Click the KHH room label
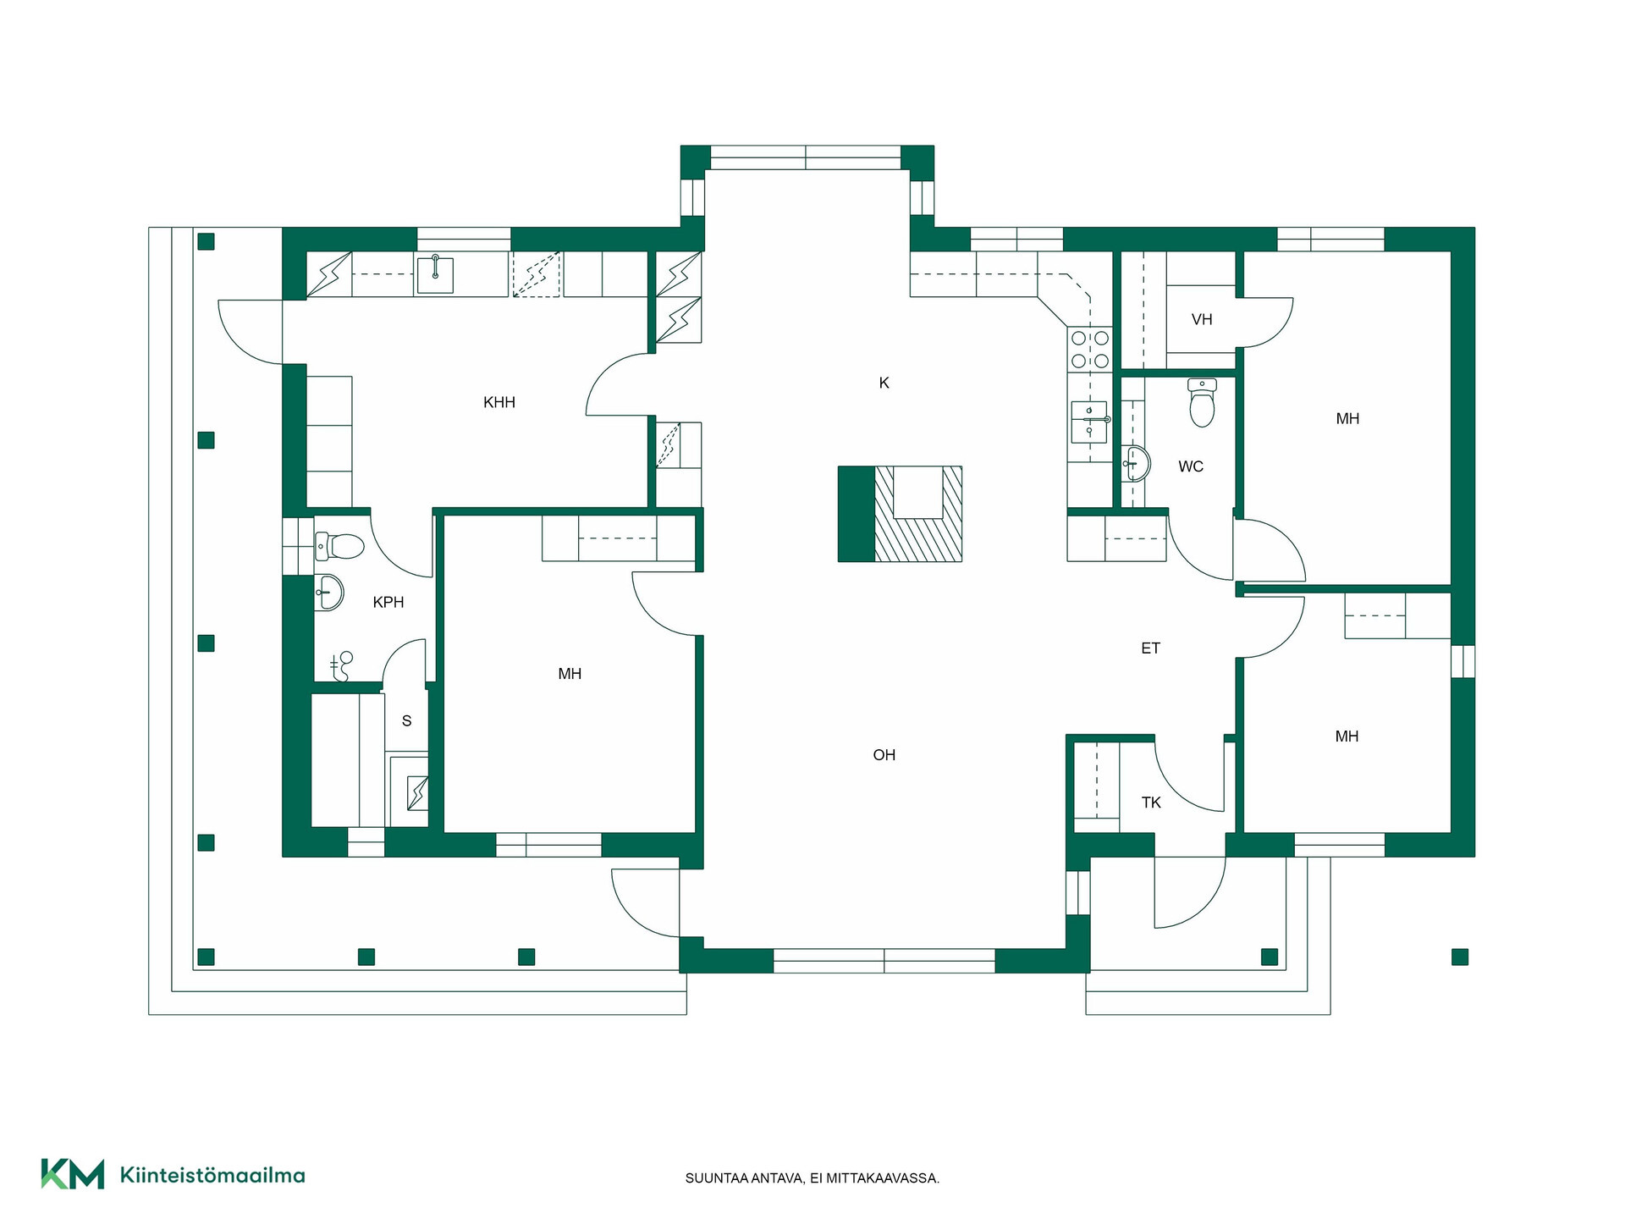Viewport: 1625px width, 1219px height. pyautogui.click(x=499, y=402)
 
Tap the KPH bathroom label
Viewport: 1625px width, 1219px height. pyautogui.click(x=388, y=602)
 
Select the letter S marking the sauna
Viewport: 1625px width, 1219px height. pyautogui.click(x=407, y=721)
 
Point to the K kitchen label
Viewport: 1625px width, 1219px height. pyautogui.click(x=884, y=383)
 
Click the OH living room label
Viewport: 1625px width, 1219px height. pyautogui.click(x=884, y=754)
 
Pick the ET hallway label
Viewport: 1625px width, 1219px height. pyautogui.click(x=1150, y=648)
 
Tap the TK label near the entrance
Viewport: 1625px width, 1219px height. pyautogui.click(x=1151, y=802)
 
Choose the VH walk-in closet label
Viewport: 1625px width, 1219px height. pyautogui.click(x=1202, y=319)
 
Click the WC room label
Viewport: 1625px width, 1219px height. pyautogui.click(x=1191, y=466)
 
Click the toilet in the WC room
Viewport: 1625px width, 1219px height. pyautogui.click(x=1202, y=403)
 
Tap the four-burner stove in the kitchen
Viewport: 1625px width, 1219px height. pyautogui.click(x=1090, y=350)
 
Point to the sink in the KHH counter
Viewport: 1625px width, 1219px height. pyautogui.click(x=435, y=275)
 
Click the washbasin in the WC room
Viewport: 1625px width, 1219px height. pyautogui.click(x=1136, y=463)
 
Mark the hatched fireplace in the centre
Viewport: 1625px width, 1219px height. pyautogui.click(x=901, y=514)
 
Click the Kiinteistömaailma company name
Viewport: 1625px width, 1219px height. pyautogui.click(x=212, y=1175)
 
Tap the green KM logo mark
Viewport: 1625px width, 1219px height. pyautogui.click(x=73, y=1174)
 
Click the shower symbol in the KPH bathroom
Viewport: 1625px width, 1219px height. pyautogui.click(x=340, y=665)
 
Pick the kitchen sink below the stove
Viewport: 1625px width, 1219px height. pyautogui.click(x=1089, y=422)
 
